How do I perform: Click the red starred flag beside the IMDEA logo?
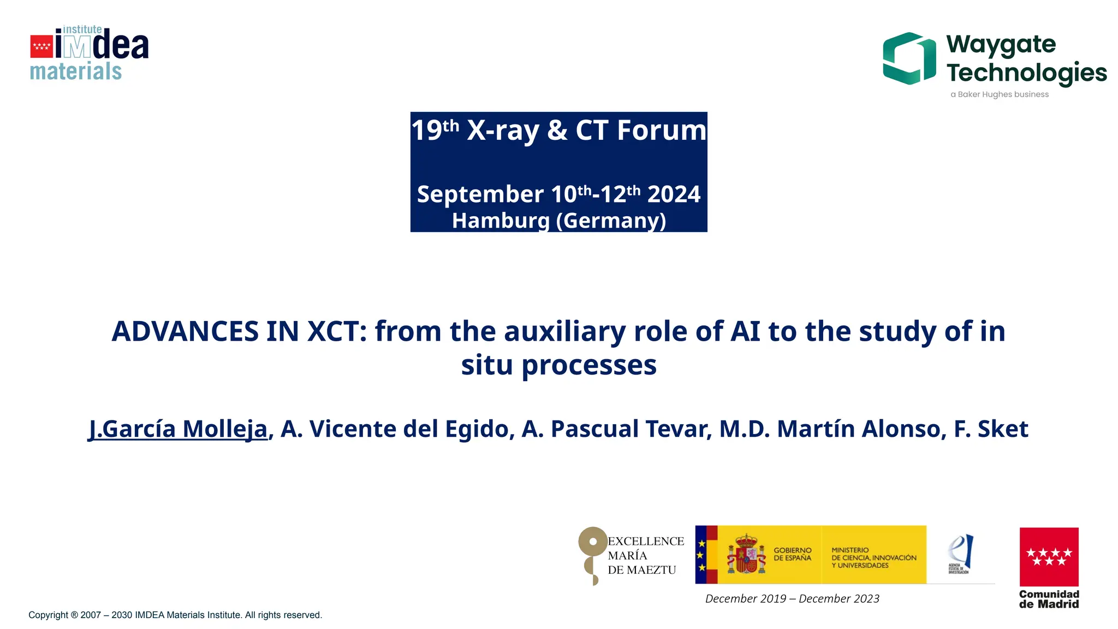[41, 46]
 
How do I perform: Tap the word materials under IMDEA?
[75, 72]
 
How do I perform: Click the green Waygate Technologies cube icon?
[909, 58]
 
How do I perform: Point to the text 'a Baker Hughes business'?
[999, 94]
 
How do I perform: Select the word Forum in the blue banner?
[661, 130]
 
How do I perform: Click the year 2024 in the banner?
[674, 194]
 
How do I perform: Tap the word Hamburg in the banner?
[501, 221]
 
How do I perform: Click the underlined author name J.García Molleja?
[179, 429]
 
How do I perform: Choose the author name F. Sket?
[991, 429]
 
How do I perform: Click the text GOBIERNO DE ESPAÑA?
[792, 554]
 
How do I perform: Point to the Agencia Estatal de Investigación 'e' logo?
[960, 553]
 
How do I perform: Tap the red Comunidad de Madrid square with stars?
[1049, 556]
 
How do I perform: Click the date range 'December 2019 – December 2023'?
[792, 599]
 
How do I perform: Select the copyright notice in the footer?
[175, 615]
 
